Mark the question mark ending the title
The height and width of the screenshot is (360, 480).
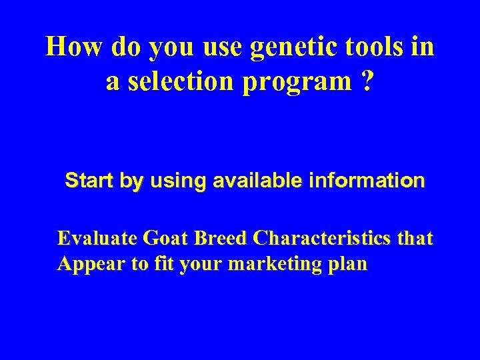coord(367,81)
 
